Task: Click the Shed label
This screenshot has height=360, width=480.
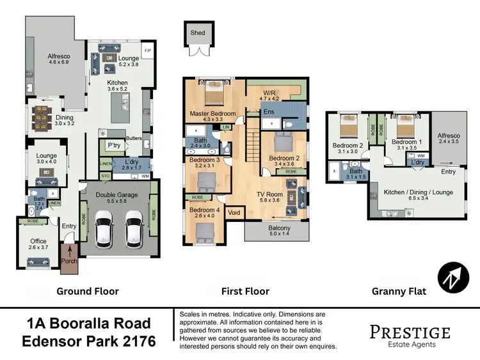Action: pyautogui.click(x=197, y=32)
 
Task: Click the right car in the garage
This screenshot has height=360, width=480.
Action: pyautogui.click(x=133, y=231)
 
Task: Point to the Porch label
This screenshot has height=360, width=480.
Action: pyautogui.click(x=68, y=261)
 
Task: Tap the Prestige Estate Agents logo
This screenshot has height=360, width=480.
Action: pyautogui.click(x=410, y=335)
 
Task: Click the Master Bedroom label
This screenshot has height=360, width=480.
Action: pyautogui.click(x=212, y=114)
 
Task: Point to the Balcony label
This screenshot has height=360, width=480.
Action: pyautogui.click(x=279, y=228)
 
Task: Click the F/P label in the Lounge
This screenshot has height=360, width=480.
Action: pyautogui.click(x=147, y=49)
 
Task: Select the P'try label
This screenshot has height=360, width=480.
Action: pyautogui.click(x=114, y=146)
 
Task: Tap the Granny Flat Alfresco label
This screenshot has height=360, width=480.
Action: pyautogui.click(x=449, y=136)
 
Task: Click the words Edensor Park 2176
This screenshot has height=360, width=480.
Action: pyautogui.click(x=88, y=341)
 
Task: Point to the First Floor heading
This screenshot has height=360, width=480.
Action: pyautogui.click(x=245, y=292)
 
